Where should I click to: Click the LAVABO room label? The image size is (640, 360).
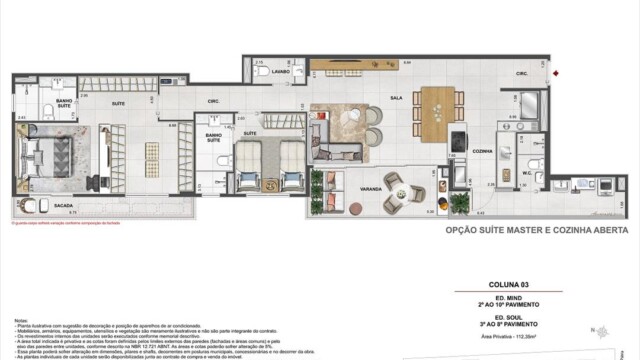[279, 72]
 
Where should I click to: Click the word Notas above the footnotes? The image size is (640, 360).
[21, 322]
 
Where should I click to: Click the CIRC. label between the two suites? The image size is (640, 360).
[213, 101]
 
